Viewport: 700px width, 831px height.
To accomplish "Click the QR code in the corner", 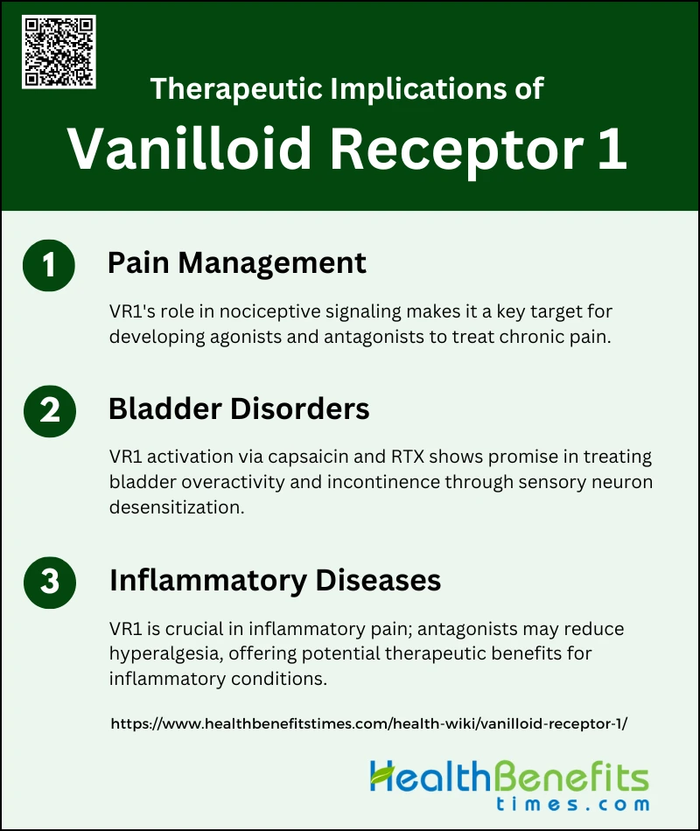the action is coord(59,52).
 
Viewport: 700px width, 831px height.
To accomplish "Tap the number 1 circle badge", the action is coord(49,265).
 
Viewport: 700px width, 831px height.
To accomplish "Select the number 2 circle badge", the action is coord(50,411).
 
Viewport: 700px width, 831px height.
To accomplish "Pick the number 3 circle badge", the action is coord(50,582).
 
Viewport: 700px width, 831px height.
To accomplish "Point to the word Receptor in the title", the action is coord(457,150).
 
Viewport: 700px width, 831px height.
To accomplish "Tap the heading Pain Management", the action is coord(236,263).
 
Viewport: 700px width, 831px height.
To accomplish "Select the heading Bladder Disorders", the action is coord(239,409).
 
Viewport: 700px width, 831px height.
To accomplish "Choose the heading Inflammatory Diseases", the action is coord(276,580).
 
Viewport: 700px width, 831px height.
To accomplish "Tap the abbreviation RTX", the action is coord(408,457).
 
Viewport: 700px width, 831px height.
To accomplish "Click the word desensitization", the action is coord(177,507).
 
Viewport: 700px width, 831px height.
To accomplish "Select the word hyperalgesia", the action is coord(166,654).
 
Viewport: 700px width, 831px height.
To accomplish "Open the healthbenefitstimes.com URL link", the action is coord(369,724).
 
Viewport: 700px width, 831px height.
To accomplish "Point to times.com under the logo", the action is coord(573,804).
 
